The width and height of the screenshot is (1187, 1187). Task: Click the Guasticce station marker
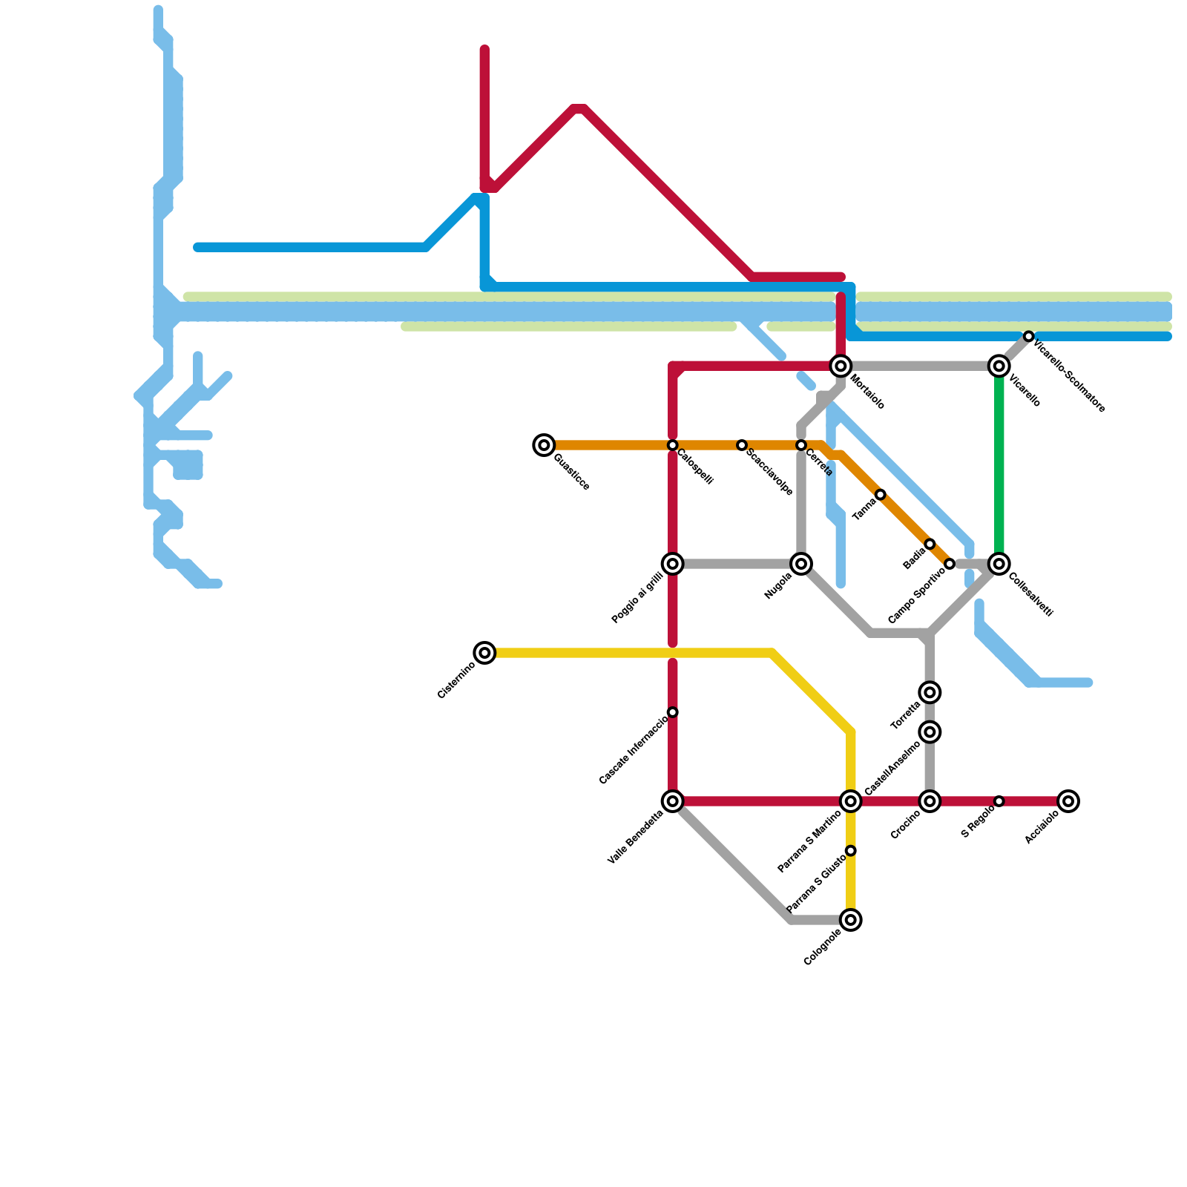coord(544,445)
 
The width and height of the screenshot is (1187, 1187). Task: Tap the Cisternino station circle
coord(484,653)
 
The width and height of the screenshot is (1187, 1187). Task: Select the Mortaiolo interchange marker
coord(841,366)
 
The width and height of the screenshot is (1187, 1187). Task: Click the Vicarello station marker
coord(999,366)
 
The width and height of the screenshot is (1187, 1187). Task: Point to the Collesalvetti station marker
coord(999,564)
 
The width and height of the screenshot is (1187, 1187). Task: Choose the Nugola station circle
coord(801,564)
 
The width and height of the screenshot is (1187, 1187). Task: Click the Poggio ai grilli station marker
coord(673,564)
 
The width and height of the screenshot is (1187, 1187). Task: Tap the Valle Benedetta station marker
coord(673,801)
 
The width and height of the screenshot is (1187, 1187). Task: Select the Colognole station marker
coord(851,920)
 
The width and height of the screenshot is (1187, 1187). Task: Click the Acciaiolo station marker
coord(1068,801)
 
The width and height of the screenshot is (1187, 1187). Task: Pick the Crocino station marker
coord(930,801)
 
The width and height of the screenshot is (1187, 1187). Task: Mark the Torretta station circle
coord(930,693)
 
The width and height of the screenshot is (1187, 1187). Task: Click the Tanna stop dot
coord(881,495)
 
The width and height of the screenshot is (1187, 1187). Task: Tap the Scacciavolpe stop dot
coord(742,445)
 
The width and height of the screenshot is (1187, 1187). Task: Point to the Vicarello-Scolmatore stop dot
coord(1028,337)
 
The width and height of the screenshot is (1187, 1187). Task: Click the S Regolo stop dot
coord(999,801)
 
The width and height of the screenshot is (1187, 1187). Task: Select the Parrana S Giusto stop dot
coord(851,850)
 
